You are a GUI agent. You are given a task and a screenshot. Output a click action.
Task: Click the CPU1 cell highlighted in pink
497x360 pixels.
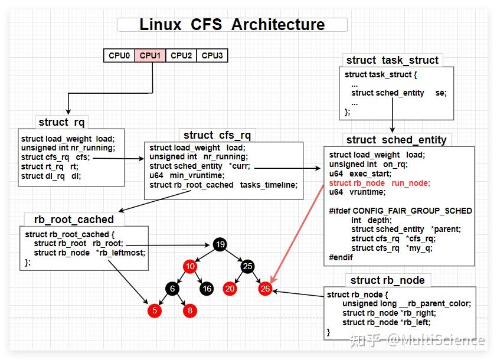(150, 55)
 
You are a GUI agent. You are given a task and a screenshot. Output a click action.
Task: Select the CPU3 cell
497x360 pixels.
(212, 55)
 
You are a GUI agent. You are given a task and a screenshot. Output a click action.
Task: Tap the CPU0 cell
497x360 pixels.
(119, 55)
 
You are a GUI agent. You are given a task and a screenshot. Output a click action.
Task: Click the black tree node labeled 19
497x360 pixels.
(220, 244)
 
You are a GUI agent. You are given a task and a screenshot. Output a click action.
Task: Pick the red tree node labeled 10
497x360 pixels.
(190, 267)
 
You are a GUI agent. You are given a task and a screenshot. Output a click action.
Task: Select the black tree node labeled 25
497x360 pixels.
(247, 267)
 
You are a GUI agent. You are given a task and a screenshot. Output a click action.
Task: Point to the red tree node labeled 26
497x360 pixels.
(265, 289)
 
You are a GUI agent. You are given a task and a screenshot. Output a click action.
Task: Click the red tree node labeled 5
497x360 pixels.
(155, 310)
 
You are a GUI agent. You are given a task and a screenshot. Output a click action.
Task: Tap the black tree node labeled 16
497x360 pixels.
(207, 289)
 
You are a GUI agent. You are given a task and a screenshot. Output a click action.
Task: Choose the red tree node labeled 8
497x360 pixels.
(190, 310)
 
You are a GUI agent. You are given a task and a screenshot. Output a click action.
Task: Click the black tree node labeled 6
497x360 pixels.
(172, 289)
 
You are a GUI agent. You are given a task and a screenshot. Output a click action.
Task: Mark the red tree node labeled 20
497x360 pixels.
(230, 289)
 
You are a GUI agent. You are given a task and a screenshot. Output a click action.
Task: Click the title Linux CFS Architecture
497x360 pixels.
(232, 25)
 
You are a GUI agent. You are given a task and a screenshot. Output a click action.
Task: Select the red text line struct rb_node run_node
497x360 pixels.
(380, 184)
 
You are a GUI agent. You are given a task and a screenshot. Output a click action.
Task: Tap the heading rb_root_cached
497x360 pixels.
(74, 219)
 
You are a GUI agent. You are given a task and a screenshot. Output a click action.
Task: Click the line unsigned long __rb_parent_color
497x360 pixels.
(406, 303)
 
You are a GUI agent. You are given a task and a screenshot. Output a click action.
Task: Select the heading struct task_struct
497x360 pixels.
(392, 60)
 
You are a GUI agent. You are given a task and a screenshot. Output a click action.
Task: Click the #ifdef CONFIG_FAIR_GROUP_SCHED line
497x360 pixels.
(400, 211)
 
